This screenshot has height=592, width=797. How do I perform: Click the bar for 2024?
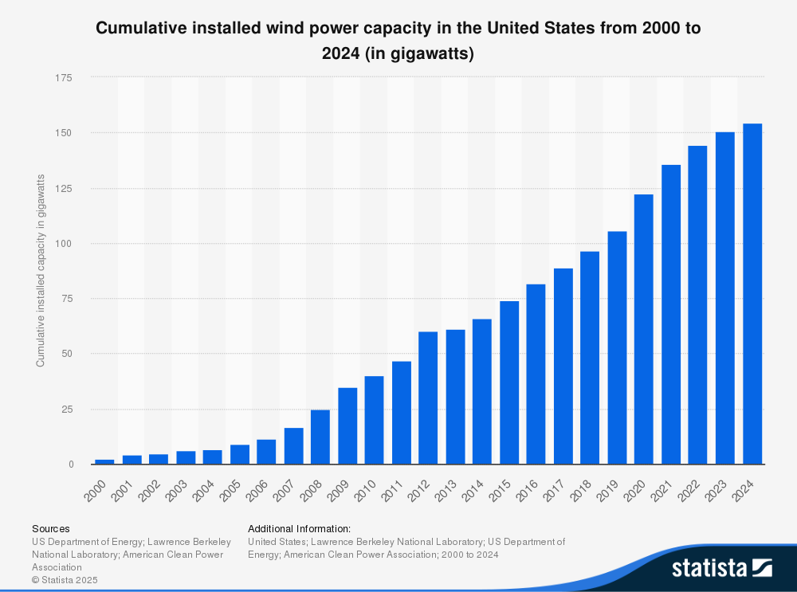pyautogui.click(x=752, y=294)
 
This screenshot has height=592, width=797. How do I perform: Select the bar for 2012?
pyautogui.click(x=428, y=398)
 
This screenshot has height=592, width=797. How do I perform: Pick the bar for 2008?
pyautogui.click(x=320, y=437)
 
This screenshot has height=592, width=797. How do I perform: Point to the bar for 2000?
pyautogui.click(x=104, y=461)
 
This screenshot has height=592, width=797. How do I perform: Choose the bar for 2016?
pyautogui.click(x=536, y=374)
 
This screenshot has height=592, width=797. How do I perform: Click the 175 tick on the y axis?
pyautogui.click(x=64, y=78)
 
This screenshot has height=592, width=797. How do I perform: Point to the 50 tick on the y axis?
pyautogui.click(x=67, y=354)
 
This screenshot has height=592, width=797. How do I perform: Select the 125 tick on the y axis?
pyautogui.click(x=64, y=189)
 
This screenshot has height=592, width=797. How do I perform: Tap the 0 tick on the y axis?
pyautogui.click(x=70, y=465)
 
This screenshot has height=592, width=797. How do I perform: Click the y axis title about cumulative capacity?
pyautogui.click(x=41, y=270)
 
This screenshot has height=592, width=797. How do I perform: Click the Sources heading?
pyautogui.click(x=50, y=528)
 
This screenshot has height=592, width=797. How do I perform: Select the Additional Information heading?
pyautogui.click(x=299, y=528)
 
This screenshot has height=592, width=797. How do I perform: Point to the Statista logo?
pyautogui.click(x=721, y=567)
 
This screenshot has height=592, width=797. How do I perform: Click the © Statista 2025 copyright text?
pyautogui.click(x=65, y=580)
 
